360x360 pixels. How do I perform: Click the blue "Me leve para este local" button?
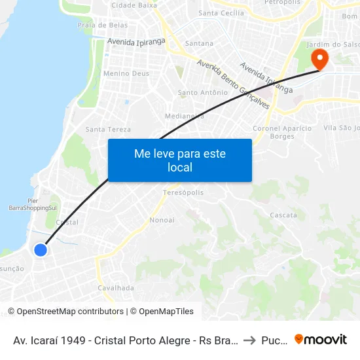(x=179, y=160)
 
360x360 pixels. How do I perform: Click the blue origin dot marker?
(x=41, y=249)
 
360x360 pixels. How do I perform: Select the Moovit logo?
(x=321, y=339)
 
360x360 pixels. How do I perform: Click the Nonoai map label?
(x=162, y=220)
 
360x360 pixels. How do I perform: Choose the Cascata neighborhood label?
(x=283, y=215)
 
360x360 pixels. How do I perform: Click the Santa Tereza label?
(x=108, y=130)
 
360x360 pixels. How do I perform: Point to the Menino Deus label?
(x=126, y=74)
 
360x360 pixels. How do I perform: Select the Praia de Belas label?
(x=102, y=25)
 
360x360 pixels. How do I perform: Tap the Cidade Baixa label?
(x=134, y=5)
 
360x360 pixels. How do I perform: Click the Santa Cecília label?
(x=221, y=12)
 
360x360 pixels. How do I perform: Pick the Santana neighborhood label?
(x=199, y=43)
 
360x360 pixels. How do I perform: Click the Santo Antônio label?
(x=202, y=93)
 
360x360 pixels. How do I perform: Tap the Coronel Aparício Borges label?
(x=283, y=132)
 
